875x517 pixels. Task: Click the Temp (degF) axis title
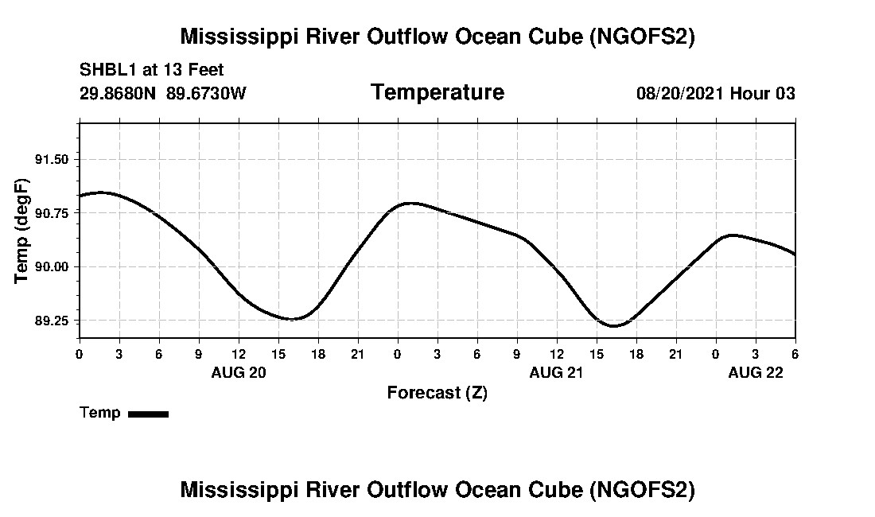[x=22, y=231]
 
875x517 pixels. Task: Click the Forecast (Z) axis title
[x=437, y=393]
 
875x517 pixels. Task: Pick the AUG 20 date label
[x=239, y=372]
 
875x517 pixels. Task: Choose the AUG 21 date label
[x=557, y=372]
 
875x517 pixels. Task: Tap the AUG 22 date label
[x=756, y=372]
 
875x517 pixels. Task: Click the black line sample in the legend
[x=148, y=414]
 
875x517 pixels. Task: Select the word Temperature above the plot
[x=437, y=92]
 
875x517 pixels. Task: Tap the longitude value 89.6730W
[x=206, y=93]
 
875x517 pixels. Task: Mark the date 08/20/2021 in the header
[x=680, y=93]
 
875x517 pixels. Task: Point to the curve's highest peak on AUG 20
[x=101, y=192]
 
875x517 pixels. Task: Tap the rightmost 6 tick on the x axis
[x=795, y=354]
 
